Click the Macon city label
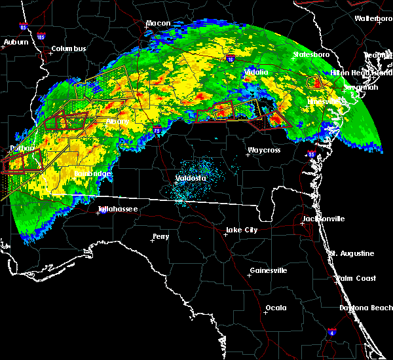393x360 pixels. [x=158, y=24]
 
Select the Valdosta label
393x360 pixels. [x=191, y=178]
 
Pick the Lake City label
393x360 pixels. [x=241, y=230]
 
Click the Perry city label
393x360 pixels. [x=161, y=236]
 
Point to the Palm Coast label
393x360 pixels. [x=357, y=278]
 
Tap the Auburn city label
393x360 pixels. [x=16, y=42]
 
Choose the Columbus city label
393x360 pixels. [x=69, y=48]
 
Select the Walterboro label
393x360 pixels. [x=373, y=18]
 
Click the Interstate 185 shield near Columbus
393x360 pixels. [x=42, y=39]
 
